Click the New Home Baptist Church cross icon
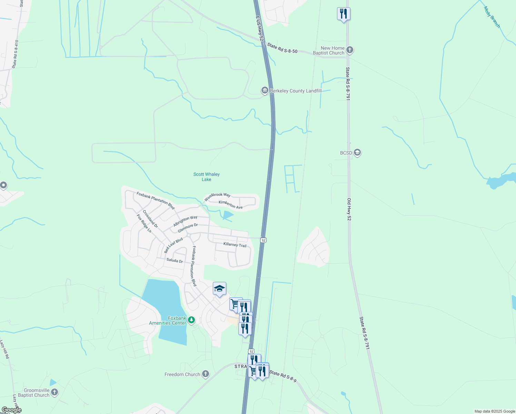[350, 50]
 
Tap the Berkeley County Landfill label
[296, 91]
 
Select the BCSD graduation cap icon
[357, 152]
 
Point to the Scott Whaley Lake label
[206, 177]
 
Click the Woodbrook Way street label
[217, 197]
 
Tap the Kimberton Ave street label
[230, 205]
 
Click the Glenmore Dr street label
[188, 228]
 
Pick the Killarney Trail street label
[235, 245]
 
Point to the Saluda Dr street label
[175, 260]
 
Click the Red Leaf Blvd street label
[173, 245]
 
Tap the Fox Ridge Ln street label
[144, 224]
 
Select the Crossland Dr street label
[150, 219]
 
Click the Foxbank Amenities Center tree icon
[191, 321]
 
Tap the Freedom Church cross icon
[205, 374]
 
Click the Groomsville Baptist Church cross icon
[54, 392]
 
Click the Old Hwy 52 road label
[349, 209]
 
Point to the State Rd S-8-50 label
[282, 48]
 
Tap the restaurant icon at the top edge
[343, 14]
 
